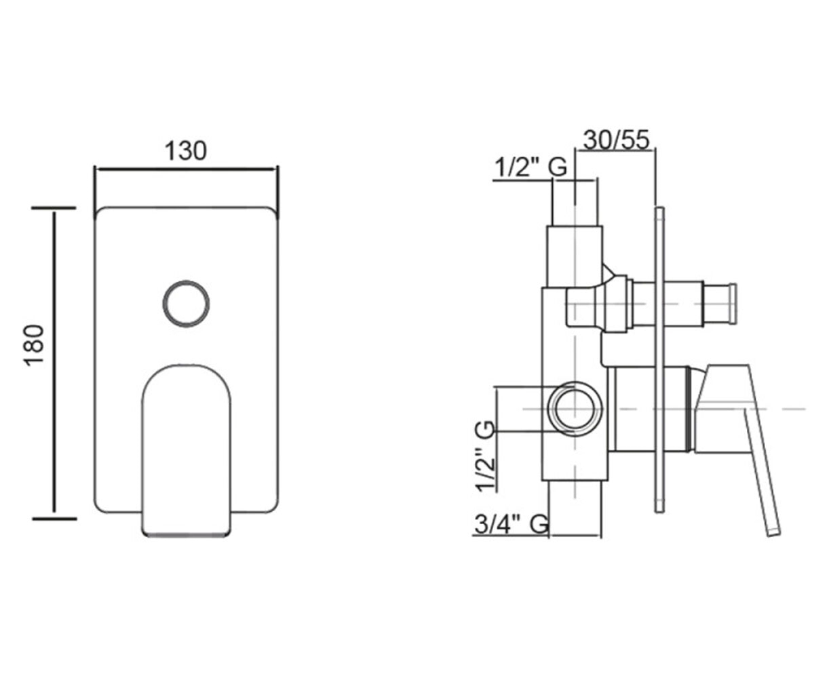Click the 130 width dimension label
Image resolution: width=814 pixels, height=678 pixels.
(x=186, y=151)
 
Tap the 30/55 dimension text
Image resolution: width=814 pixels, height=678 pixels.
(x=617, y=140)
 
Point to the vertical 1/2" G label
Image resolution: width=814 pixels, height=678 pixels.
(x=484, y=456)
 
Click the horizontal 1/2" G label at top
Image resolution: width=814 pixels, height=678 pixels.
(x=531, y=168)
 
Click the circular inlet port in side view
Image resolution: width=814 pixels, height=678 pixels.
(x=575, y=409)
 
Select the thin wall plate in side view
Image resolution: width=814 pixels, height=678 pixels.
(x=659, y=359)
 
